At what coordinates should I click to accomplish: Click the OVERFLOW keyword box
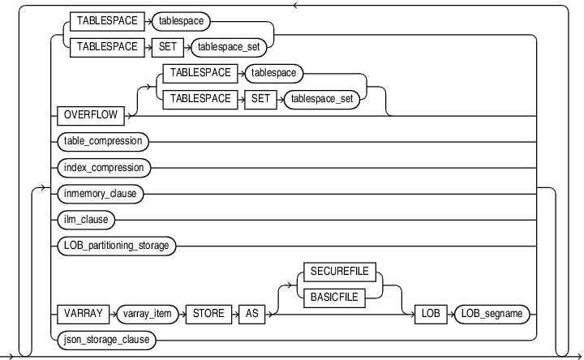pos(92,116)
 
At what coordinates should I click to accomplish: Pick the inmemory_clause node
pos(100,194)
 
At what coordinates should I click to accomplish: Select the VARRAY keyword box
pos(83,313)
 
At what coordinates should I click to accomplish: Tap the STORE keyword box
pos(210,313)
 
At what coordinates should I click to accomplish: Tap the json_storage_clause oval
pos(106,338)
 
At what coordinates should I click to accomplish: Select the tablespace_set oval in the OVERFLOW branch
pos(323,99)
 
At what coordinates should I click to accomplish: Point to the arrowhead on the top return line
pos(295,5)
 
